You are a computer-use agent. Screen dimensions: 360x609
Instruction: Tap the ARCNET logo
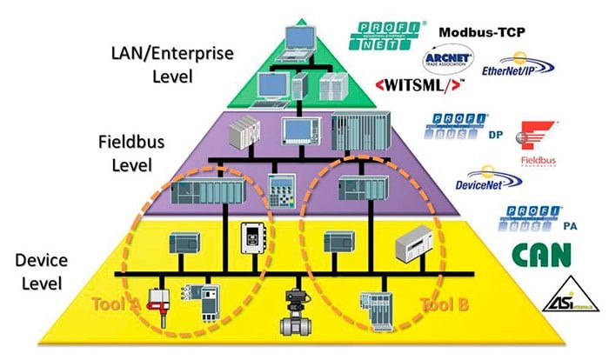pos(447,62)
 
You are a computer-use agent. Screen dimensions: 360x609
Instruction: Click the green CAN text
pos(541,255)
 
